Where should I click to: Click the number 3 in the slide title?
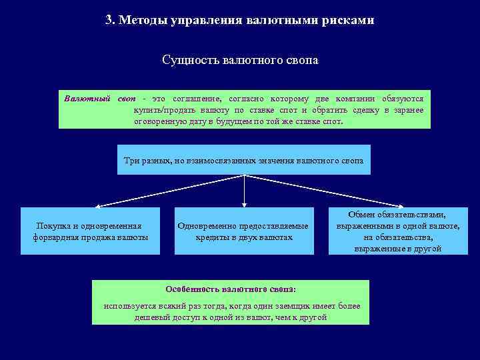click(109, 20)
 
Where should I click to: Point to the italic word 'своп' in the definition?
click(127, 99)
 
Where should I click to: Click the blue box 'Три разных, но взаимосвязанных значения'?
click(244, 160)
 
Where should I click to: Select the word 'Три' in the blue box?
click(131, 160)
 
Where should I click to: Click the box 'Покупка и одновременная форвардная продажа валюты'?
click(91, 231)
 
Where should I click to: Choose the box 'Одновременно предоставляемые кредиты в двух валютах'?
click(243, 231)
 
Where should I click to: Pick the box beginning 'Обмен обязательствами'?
click(398, 231)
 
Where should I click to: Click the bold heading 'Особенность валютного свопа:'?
click(231, 289)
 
